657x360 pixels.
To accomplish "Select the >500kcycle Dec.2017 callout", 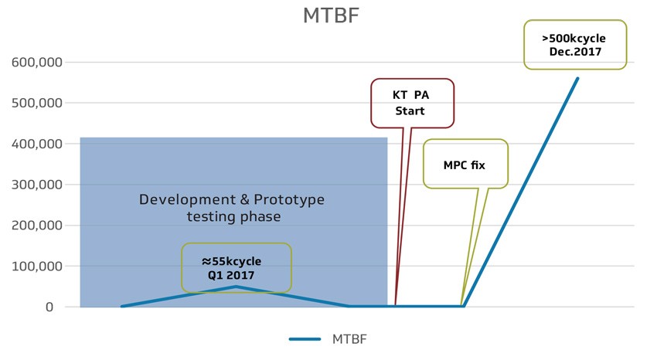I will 574,45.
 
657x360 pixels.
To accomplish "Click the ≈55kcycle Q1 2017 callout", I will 236,268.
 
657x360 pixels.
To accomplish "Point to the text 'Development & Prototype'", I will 232,200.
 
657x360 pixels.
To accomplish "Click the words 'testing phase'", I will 233,217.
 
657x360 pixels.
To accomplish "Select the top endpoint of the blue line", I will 577,78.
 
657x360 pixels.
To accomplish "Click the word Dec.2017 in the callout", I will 575,53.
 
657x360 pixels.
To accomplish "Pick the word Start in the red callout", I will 410,111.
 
